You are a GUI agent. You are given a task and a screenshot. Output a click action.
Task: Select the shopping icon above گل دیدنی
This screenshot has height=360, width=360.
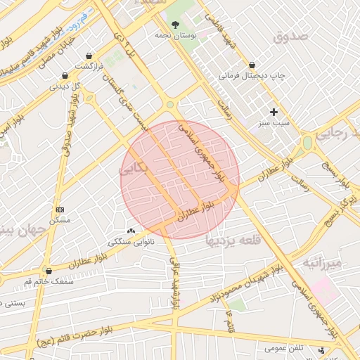click(x=65, y=76)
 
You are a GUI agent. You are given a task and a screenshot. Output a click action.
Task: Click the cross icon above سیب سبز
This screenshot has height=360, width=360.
click(x=274, y=112)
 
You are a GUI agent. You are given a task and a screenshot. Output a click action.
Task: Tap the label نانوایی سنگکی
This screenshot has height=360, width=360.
click(x=131, y=241)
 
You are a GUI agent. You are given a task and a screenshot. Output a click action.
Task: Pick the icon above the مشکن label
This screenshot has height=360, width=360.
click(x=60, y=210)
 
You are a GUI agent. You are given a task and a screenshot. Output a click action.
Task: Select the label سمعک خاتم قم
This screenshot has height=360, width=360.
click(x=49, y=281)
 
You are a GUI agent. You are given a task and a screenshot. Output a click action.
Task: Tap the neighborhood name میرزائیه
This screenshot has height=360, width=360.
click(x=322, y=263)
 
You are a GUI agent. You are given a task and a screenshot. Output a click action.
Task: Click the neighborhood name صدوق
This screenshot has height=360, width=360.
click(x=290, y=37)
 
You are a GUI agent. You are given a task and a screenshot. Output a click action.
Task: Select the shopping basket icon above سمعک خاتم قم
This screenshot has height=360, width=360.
click(x=49, y=271)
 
